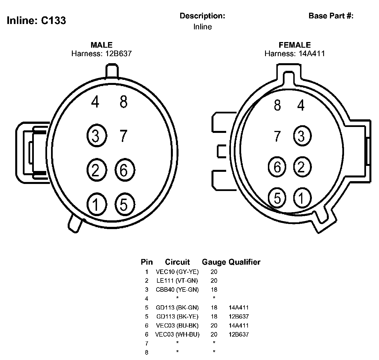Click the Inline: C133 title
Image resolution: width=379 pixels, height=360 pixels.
tap(36, 20)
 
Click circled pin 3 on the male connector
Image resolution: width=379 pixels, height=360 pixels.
tap(97, 135)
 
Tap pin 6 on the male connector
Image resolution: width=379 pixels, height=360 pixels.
tap(125, 170)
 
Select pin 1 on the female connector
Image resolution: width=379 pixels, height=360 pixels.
tap(302, 198)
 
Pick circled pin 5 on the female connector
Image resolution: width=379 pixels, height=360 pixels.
tap(277, 198)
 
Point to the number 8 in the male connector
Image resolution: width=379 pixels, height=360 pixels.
tap(124, 102)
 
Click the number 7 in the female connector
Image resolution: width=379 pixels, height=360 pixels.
tap(277, 136)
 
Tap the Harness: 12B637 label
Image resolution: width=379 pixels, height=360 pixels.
tap(102, 54)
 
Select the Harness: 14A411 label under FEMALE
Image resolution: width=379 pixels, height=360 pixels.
tap(295, 54)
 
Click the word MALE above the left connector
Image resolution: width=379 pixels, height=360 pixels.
tap(102, 45)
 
